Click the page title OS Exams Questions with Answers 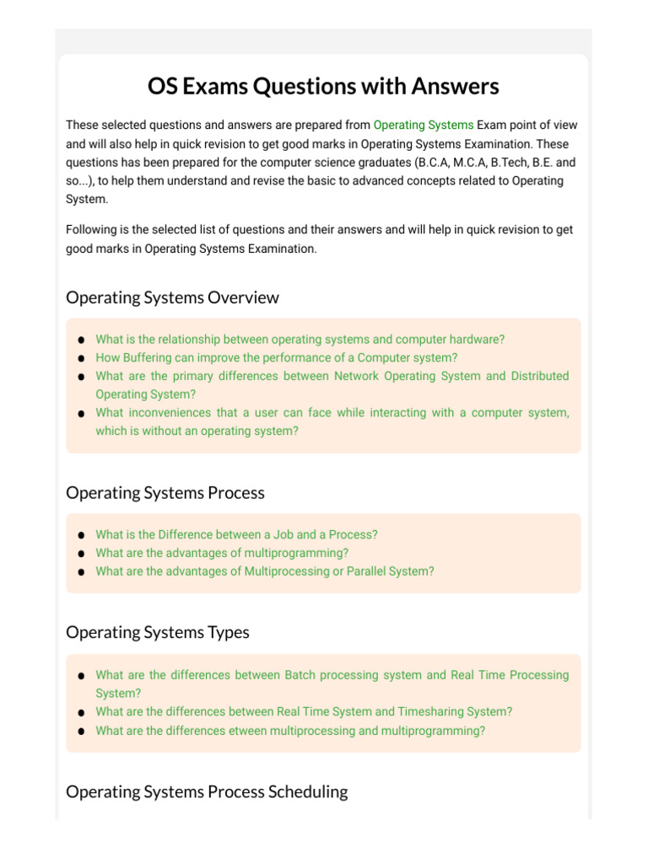point(323,86)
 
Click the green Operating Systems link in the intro point(423,125)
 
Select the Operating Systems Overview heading point(172,297)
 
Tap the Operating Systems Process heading point(165,493)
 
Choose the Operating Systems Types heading point(157,632)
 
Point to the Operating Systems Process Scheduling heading point(207,791)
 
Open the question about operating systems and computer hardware point(300,340)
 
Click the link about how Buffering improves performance point(276,357)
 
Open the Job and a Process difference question point(236,534)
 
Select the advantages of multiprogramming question point(222,553)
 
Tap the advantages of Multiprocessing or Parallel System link point(264,571)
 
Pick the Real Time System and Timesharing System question point(304,711)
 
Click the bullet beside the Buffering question point(80,358)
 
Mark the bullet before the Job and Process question point(80,535)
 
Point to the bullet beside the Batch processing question point(80,676)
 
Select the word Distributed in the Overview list point(539,376)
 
